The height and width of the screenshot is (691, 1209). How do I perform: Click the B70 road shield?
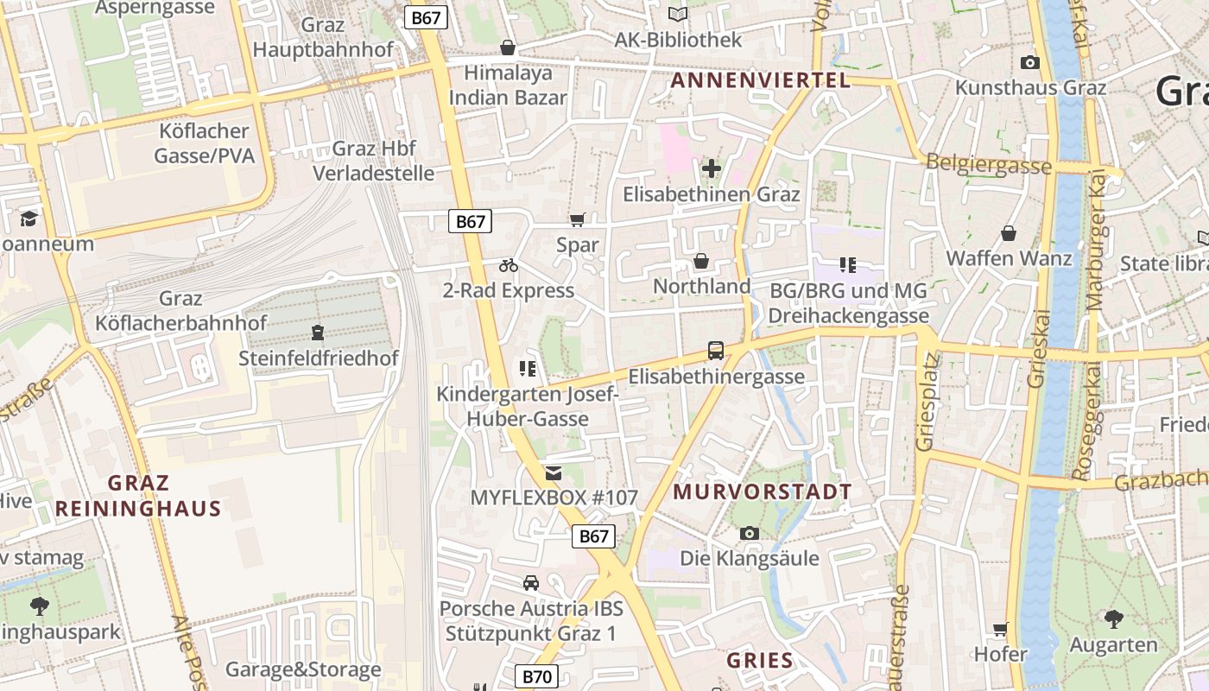click(536, 676)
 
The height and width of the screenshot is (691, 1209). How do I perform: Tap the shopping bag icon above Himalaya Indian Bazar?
click(508, 47)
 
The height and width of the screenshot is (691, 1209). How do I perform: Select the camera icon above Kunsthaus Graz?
click(1029, 62)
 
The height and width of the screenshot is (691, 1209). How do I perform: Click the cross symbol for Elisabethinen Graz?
click(711, 168)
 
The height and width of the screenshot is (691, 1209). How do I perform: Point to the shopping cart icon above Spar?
click(577, 220)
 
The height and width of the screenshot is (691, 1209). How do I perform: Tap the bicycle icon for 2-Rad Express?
click(508, 265)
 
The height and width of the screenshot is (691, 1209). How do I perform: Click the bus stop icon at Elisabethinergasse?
click(716, 350)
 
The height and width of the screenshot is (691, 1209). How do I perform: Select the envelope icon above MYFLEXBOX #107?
click(553, 472)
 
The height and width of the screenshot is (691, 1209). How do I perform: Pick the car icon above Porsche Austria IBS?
click(530, 583)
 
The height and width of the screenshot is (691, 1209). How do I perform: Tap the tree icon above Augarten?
click(1113, 618)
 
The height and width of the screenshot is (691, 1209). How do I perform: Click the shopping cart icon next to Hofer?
click(1000, 629)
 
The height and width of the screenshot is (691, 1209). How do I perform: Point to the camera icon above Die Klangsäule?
click(749, 533)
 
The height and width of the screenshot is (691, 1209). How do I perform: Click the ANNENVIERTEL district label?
click(760, 80)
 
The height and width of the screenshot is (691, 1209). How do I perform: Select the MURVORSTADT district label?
click(762, 492)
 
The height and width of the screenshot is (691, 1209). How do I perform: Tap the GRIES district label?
click(759, 661)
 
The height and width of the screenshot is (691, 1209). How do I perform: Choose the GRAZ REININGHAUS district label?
click(138, 495)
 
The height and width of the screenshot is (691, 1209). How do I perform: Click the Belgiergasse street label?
click(988, 164)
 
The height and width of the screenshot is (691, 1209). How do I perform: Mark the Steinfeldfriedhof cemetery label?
click(319, 358)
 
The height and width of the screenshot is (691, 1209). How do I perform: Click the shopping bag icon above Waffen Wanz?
click(1008, 233)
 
